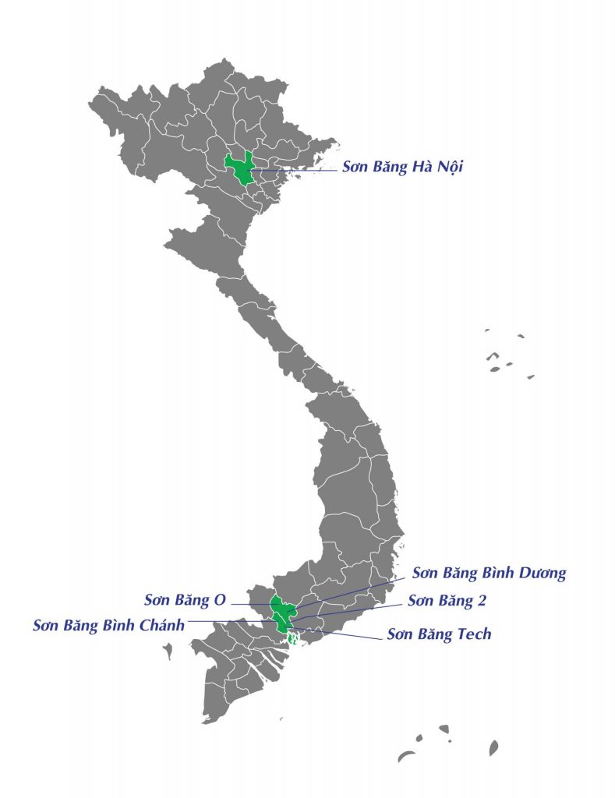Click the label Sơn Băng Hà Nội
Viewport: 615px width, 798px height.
click(x=402, y=167)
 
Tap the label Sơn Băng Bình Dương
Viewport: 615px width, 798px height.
click(x=489, y=574)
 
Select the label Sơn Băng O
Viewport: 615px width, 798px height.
click(x=185, y=599)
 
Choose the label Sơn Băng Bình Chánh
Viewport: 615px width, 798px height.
click(x=108, y=626)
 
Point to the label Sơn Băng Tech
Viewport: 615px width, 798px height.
click(x=439, y=634)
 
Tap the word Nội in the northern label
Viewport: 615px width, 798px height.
click(x=445, y=167)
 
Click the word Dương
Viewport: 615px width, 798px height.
click(x=539, y=574)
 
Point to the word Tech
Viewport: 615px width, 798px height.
click(x=474, y=634)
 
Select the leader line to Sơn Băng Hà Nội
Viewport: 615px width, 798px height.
click(x=296, y=169)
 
